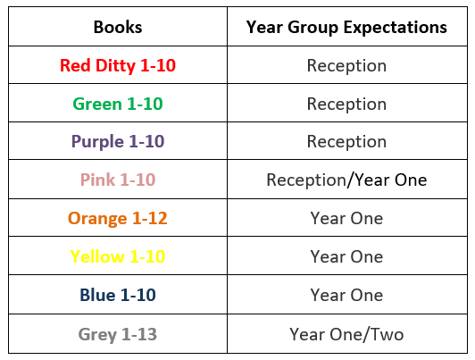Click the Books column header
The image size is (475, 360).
[x=118, y=27]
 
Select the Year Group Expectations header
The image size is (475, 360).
[x=346, y=28]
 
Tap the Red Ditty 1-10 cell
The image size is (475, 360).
[x=118, y=66]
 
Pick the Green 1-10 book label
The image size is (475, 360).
[x=118, y=104]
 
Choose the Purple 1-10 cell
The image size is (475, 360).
[x=118, y=142]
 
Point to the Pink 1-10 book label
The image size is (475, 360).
[x=118, y=180]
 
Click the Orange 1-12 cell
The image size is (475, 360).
[x=118, y=219]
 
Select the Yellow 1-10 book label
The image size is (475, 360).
[x=118, y=256]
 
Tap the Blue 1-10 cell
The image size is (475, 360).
[x=118, y=295]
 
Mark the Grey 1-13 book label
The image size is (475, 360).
[x=118, y=335]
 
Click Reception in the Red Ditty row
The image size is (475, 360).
[x=346, y=66]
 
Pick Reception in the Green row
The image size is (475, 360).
[x=346, y=105]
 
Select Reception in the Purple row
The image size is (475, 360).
[x=346, y=142]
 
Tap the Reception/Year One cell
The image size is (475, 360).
[x=346, y=180]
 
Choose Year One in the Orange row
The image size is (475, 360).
[x=346, y=218]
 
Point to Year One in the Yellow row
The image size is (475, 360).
[x=346, y=256]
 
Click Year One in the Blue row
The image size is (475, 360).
[x=346, y=295]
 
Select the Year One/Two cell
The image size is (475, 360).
[x=346, y=335]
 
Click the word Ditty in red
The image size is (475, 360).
[x=116, y=66]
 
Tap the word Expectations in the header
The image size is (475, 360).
[x=396, y=28]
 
